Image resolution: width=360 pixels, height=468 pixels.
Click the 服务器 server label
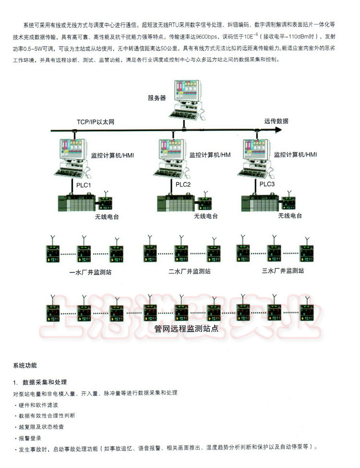(x=157, y=98)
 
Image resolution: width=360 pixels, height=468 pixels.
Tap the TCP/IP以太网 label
(x=96, y=122)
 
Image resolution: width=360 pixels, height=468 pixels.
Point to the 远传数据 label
(x=276, y=121)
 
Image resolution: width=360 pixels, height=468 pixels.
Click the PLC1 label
(x=84, y=185)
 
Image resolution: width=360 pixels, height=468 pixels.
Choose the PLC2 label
(x=183, y=185)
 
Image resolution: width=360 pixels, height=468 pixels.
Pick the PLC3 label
(x=267, y=184)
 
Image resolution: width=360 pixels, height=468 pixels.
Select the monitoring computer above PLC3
(x=255, y=156)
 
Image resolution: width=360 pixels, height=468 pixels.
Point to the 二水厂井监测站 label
(x=189, y=271)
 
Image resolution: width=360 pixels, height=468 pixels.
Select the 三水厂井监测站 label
(x=283, y=271)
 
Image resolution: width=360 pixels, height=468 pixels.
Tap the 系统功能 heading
(x=25, y=366)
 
